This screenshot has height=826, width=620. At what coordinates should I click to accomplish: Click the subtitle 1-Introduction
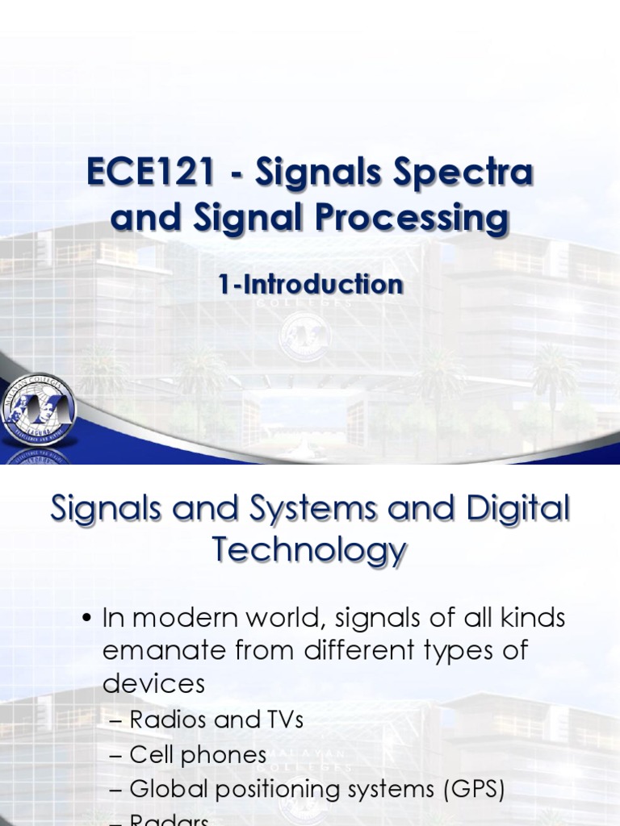(310, 284)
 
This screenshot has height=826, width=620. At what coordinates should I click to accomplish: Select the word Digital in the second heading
(514, 510)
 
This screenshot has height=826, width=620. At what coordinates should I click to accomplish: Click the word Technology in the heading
(310, 551)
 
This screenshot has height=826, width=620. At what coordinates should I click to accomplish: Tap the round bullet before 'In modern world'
(87, 619)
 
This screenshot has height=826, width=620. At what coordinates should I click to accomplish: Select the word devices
(153, 683)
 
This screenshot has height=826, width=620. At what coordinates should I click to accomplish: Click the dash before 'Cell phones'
(115, 756)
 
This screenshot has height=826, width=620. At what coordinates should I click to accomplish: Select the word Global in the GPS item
(164, 790)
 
